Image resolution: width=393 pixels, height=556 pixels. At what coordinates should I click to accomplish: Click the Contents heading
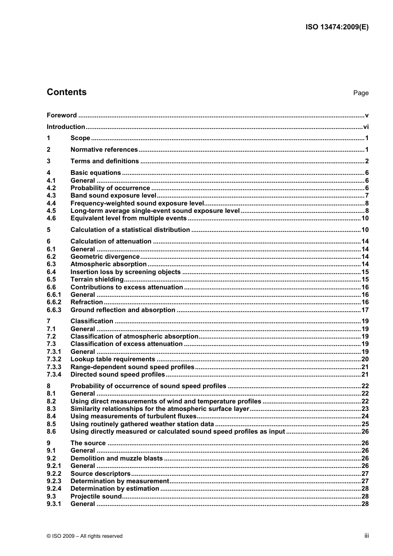click(67, 92)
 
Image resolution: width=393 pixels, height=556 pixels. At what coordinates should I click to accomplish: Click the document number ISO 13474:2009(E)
click(337, 27)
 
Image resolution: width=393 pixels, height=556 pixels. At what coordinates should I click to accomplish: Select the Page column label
click(360, 93)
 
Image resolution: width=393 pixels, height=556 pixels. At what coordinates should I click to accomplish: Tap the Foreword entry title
click(62, 115)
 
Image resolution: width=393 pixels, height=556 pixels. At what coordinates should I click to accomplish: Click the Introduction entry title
click(66, 127)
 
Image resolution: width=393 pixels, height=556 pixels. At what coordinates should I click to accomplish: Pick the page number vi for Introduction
click(365, 127)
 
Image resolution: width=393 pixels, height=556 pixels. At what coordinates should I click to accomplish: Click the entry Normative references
click(104, 150)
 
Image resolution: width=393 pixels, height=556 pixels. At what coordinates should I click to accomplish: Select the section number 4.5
click(51, 211)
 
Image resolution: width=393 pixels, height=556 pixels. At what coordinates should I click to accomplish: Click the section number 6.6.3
click(54, 310)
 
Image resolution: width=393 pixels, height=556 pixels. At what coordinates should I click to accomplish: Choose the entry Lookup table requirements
click(113, 359)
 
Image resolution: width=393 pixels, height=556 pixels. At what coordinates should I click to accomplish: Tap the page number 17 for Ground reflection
click(364, 310)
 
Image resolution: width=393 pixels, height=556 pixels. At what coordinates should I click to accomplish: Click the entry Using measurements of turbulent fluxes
click(133, 416)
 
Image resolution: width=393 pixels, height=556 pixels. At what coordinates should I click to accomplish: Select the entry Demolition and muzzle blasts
click(117, 458)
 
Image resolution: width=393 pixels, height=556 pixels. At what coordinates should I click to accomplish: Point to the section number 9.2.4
click(54, 489)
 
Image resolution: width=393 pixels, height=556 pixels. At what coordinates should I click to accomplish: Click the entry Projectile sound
click(96, 496)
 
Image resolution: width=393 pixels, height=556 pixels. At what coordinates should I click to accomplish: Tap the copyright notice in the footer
click(85, 536)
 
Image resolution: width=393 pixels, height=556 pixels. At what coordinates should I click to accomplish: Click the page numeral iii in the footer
click(366, 536)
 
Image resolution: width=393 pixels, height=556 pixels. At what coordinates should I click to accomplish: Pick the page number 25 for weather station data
click(364, 424)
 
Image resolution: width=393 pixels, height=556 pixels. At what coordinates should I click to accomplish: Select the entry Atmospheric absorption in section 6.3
click(108, 264)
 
